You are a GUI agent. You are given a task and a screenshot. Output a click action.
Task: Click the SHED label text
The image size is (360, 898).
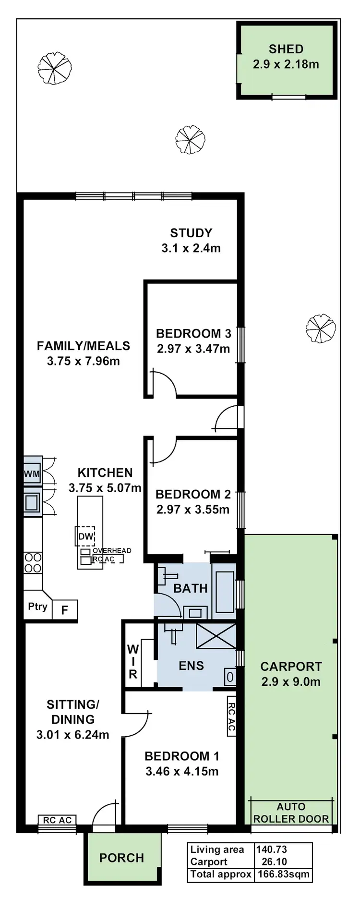pos(286,49)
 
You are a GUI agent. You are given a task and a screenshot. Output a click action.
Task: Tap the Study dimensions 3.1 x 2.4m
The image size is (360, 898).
pos(191,248)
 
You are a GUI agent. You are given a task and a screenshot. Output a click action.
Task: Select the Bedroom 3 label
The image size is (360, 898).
pos(193,333)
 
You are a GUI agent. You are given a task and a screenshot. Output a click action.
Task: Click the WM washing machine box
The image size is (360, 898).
pos(32,474)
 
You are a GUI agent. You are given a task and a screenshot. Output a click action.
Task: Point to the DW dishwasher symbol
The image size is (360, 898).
pos(85,536)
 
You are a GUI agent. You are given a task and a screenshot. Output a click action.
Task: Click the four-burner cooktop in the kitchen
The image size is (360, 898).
pos(33,563)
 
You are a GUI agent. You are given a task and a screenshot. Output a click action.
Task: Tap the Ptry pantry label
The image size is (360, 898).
pos(37,607)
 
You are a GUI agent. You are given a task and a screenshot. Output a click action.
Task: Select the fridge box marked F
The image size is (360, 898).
pos(64,610)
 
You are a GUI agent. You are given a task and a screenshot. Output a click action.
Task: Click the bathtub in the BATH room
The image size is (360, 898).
pos(225,592)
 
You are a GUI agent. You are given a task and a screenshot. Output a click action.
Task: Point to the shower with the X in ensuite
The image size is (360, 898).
pos(216,636)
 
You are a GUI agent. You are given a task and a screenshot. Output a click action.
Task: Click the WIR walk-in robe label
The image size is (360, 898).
pos(132,662)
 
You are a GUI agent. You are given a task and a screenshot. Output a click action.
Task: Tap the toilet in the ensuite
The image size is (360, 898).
pos(230,677)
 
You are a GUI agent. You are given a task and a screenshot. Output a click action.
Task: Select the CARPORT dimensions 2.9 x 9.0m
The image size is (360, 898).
pos(291,682)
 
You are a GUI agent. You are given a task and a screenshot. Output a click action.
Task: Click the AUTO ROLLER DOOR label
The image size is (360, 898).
pos(291,813)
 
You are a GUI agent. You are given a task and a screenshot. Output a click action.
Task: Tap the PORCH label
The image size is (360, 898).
pos(121,858)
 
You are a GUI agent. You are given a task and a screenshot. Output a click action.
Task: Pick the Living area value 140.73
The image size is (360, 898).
pos(272,850)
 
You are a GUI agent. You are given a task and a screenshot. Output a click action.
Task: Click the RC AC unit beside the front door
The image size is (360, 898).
pos(57,820)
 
